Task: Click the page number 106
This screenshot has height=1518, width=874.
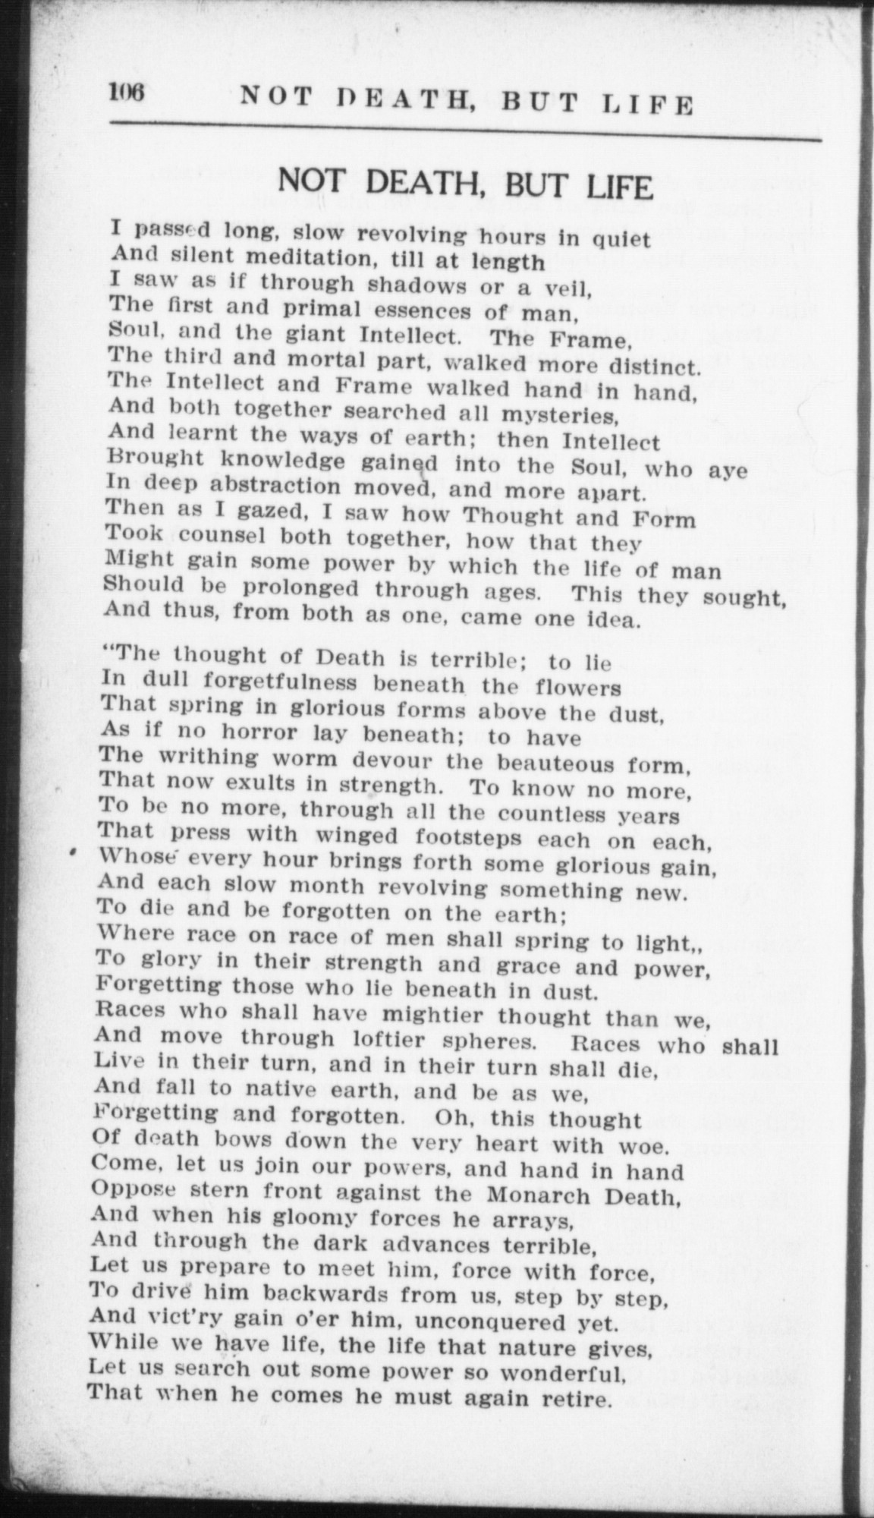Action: click(127, 93)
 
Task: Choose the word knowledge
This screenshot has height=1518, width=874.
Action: click(285, 461)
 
